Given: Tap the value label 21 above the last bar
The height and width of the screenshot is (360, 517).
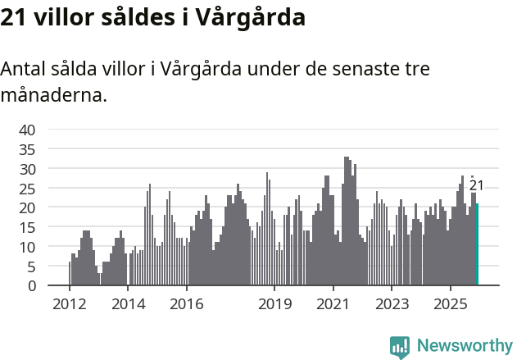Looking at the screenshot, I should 476,186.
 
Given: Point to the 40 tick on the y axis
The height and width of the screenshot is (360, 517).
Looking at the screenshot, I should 27,130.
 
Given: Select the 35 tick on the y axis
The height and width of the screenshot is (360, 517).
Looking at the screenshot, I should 27,149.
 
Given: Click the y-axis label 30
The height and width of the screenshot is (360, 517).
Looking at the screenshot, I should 27,169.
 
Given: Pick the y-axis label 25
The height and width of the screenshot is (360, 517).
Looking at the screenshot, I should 27,189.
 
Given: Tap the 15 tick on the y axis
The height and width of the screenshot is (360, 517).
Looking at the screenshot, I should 27,227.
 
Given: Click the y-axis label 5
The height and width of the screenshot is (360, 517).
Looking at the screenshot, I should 31,267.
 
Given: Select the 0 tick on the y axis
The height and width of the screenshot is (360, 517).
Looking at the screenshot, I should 31,286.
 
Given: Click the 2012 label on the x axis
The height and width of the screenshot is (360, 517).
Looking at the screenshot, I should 69,304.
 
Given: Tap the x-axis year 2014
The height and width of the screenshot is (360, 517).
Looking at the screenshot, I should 128,304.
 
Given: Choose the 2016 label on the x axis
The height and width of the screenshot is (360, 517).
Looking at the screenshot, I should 187,304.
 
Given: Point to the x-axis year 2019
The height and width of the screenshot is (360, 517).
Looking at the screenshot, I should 274,304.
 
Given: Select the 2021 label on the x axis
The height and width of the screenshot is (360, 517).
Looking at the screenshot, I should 333,304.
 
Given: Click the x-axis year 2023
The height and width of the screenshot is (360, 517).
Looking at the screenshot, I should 392,304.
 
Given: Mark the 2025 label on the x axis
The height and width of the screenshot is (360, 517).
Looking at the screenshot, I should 451,304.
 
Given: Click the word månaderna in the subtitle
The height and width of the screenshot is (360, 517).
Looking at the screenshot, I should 53,95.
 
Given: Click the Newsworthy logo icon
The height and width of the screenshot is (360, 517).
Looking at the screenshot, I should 399,346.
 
